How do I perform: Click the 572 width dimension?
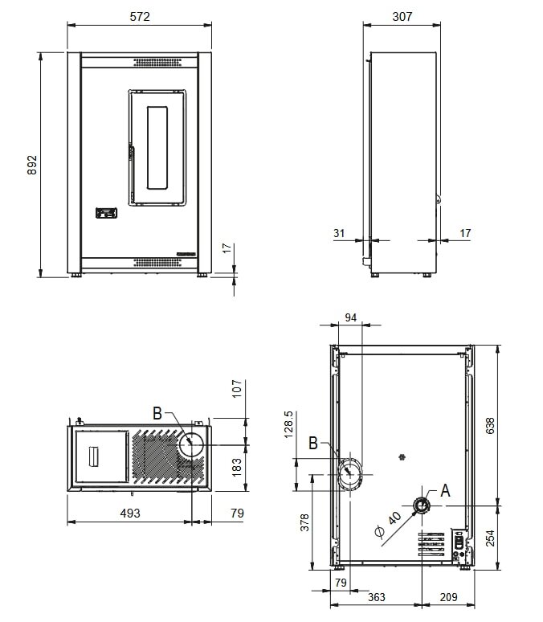point(139,16)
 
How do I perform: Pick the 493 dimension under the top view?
point(130,513)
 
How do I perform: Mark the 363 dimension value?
point(376,596)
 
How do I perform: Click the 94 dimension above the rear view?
point(350,317)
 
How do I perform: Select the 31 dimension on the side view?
point(339,233)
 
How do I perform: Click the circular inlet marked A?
point(421,505)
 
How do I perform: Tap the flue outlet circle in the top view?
point(194,444)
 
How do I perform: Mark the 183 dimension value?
point(237,466)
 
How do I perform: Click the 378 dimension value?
point(304,523)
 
